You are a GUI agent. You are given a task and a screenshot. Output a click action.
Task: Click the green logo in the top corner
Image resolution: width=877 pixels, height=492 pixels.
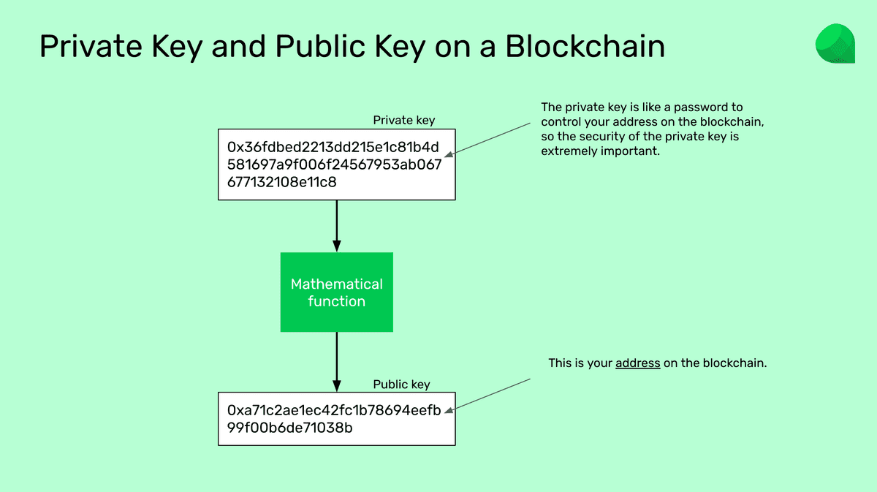coord(835,43)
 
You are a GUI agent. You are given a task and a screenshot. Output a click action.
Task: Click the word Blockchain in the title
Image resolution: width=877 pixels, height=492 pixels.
coord(585,46)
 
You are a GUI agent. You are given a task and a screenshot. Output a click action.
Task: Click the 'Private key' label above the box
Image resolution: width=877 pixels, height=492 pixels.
coord(403,120)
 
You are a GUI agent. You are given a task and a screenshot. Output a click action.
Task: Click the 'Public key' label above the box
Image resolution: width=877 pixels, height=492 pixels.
coord(401,384)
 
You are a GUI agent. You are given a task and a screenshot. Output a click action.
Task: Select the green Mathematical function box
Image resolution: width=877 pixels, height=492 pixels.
coord(336,292)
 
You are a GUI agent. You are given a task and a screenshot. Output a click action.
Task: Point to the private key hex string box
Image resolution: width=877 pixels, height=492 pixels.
coord(336,164)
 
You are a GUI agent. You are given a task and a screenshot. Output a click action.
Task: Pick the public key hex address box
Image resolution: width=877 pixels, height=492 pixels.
coord(336,419)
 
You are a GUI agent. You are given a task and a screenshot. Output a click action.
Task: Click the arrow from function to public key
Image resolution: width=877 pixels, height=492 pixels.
coord(336,361)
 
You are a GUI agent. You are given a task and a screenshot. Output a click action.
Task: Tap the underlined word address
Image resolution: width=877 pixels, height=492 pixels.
coord(637,363)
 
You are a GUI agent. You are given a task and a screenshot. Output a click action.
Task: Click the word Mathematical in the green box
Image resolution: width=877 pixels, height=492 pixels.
coord(336,284)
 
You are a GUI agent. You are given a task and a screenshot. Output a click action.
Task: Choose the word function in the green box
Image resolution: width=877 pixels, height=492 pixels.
coord(336,301)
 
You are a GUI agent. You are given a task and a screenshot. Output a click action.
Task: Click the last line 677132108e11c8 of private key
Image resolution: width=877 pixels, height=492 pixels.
coord(282,182)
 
